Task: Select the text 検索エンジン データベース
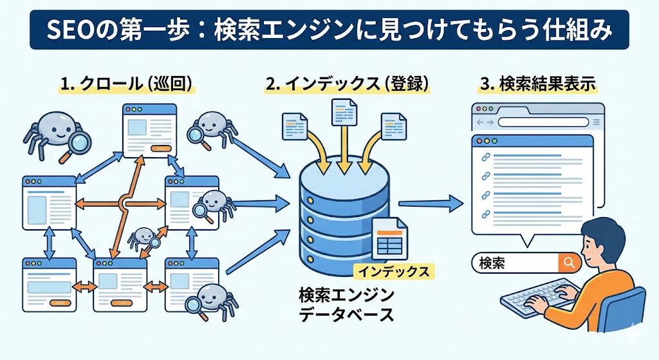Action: pyautogui.click(x=346, y=304)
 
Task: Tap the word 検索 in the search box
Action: pyautogui.click(x=493, y=263)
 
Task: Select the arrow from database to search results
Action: pyautogui.click(x=431, y=204)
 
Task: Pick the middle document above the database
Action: pyautogui.click(x=342, y=113)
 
